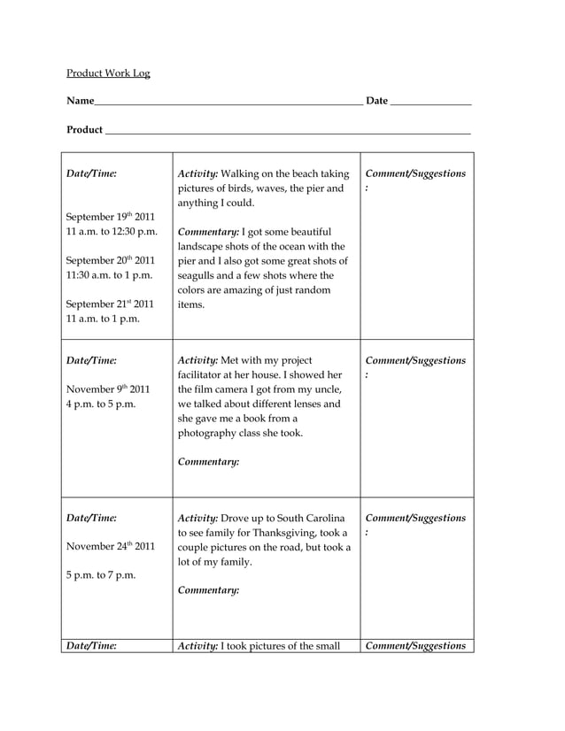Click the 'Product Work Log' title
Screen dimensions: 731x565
108,73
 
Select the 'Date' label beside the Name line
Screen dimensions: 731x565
376,101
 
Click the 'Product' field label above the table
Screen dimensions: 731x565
84,130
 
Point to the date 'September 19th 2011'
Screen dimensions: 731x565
111,216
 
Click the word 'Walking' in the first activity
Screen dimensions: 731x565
239,173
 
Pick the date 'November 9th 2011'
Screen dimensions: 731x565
108,389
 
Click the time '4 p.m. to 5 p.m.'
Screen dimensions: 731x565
101,404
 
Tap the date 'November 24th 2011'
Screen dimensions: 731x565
111,546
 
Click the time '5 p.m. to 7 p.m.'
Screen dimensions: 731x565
101,575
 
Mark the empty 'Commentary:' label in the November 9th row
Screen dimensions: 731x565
208,461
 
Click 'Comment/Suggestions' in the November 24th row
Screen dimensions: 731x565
415,518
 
